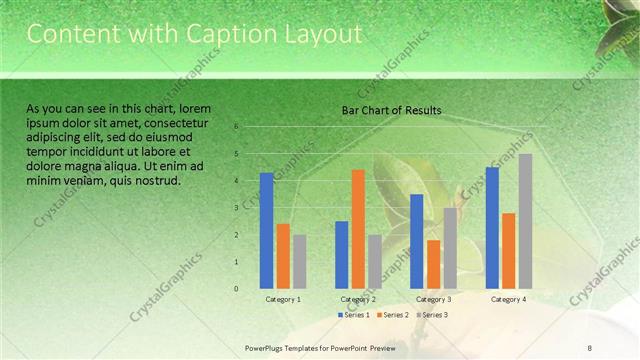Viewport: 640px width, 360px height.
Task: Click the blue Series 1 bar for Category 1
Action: pos(267,231)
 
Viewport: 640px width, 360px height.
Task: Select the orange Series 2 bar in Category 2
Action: pos(358,229)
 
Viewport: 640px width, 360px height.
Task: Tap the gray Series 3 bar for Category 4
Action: pos(525,221)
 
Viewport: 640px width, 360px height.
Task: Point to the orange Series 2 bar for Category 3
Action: pos(433,264)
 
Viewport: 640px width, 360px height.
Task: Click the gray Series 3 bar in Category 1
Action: pos(299,262)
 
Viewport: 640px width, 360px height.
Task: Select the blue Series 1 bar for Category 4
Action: pos(492,228)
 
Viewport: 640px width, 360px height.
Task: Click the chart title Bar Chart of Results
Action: pos(392,110)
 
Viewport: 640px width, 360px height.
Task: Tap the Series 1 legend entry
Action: pos(355,315)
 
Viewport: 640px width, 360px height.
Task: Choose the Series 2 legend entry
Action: pos(393,315)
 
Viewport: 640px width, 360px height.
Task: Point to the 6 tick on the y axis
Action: pos(237,127)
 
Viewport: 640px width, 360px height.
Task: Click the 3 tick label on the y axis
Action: pos(237,208)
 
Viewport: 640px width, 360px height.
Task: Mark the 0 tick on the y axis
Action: pos(237,289)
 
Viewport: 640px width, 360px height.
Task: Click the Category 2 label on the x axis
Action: pos(358,299)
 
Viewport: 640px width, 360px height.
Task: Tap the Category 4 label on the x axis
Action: pos(508,299)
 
